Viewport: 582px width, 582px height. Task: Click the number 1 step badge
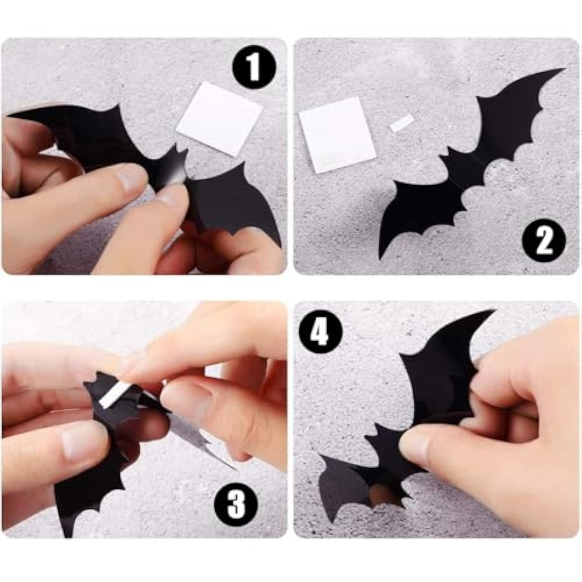pos(254,68)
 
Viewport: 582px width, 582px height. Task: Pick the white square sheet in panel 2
pos(338,135)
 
